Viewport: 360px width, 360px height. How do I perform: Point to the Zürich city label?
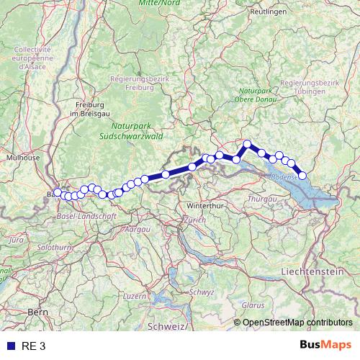click(194, 219)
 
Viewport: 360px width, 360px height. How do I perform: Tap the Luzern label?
click(135, 296)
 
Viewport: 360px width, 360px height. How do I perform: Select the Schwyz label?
click(202, 292)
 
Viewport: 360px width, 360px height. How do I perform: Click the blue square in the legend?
click(10, 346)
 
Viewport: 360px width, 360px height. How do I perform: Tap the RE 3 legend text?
click(33, 346)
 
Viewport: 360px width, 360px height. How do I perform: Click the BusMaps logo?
click(325, 346)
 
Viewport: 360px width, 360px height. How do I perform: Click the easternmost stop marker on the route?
click(302, 176)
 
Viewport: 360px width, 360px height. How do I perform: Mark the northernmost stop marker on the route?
click(247, 144)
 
